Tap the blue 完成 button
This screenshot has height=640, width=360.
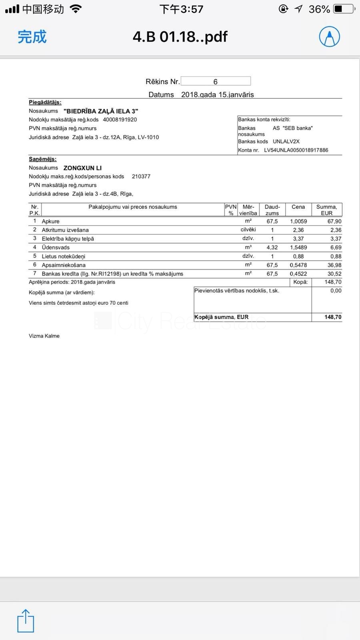[32, 37]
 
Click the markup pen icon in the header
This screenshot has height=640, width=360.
[329, 37]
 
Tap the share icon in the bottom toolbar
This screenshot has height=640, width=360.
[26, 621]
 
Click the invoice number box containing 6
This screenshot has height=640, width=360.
[216, 81]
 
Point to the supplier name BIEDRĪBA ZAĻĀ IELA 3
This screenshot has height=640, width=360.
[101, 111]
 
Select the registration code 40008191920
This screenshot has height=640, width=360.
[120, 120]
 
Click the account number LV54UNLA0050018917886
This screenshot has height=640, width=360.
[296, 150]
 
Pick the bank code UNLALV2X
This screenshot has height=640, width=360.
[286, 142]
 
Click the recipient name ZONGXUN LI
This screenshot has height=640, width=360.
[82, 168]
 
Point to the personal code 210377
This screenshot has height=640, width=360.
[141, 176]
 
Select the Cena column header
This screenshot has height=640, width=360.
[298, 207]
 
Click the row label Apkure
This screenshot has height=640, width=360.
[50, 221]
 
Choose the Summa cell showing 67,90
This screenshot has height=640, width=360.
[334, 221]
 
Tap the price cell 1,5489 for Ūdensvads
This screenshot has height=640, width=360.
[298, 248]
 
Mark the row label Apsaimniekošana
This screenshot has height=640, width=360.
[64, 265]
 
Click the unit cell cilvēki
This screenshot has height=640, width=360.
[248, 230]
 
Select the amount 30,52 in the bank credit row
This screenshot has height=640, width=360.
[334, 274]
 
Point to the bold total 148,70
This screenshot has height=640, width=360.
[333, 317]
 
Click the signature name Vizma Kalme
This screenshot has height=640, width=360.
[44, 336]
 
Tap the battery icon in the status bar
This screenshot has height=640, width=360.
[344, 9]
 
